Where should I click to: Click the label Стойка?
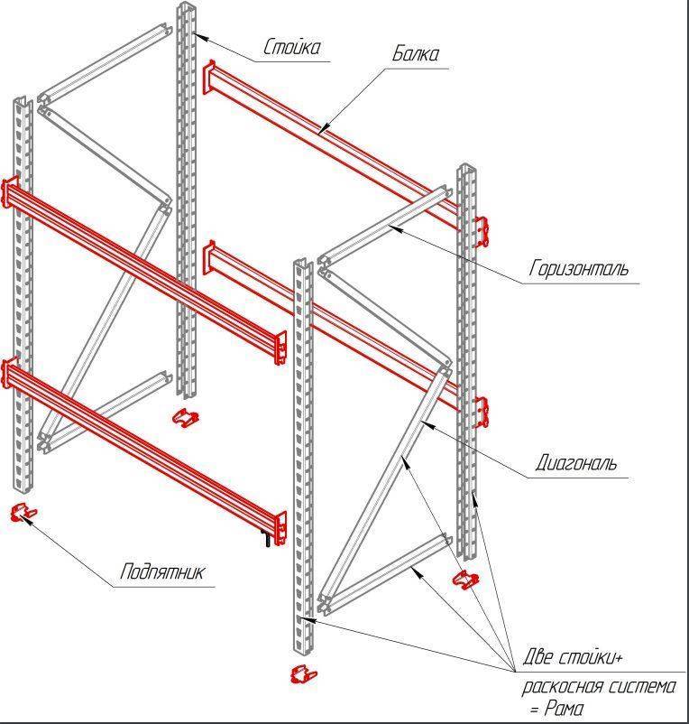tap(291, 47)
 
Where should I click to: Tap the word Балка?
tap(415, 54)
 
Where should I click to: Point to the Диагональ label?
tap(576, 463)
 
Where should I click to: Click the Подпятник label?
tap(163, 571)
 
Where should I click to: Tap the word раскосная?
tap(562, 687)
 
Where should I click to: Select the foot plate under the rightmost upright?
tap(466, 579)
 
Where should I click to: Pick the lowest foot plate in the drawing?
tap(305, 673)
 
